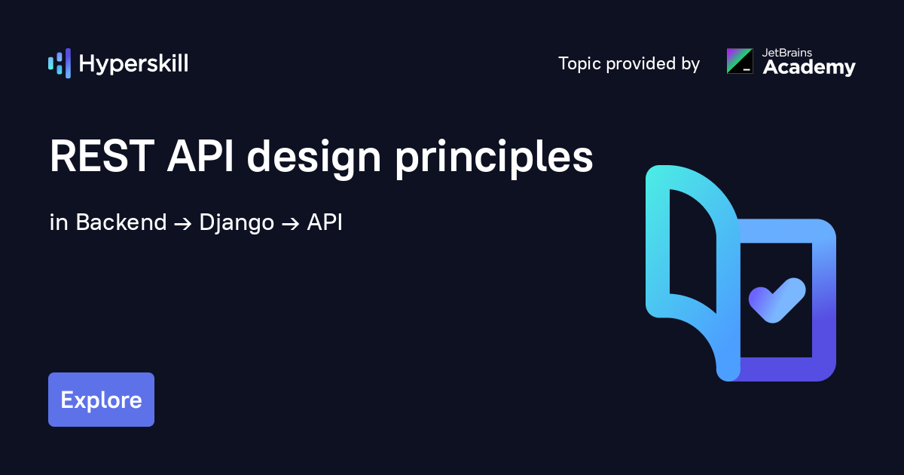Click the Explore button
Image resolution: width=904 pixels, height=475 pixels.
point(101,400)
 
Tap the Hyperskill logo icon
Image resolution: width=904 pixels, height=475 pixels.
point(60,63)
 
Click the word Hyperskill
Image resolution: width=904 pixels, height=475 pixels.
point(133,64)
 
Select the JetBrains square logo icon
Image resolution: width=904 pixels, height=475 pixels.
point(740,61)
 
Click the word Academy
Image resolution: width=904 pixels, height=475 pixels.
point(809,67)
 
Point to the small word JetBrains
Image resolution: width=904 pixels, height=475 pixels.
point(787,53)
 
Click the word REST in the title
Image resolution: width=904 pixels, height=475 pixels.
point(102,156)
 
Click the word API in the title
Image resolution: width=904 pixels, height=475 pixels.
point(200,156)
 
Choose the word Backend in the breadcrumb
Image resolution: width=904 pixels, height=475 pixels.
point(121,222)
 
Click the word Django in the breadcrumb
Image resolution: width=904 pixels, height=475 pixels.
point(237,223)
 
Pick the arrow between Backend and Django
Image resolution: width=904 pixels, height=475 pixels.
point(183,223)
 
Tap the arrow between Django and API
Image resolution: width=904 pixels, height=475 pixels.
point(291,223)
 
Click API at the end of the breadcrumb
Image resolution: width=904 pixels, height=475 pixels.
point(325,222)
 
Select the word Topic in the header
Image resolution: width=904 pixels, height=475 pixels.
point(579,64)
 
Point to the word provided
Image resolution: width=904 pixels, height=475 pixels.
point(641,63)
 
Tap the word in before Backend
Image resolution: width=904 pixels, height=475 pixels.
point(59,222)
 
